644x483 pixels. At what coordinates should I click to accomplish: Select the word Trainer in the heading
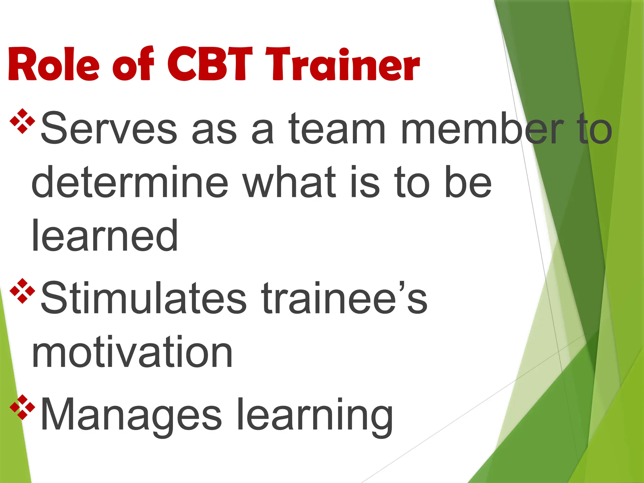pyautogui.click(x=342, y=64)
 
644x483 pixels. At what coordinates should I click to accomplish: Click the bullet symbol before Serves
pyautogui.click(x=22, y=121)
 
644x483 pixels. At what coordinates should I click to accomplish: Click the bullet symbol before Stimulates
pyautogui.click(x=22, y=291)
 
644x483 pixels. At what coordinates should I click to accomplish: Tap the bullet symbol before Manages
pyautogui.click(x=22, y=407)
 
